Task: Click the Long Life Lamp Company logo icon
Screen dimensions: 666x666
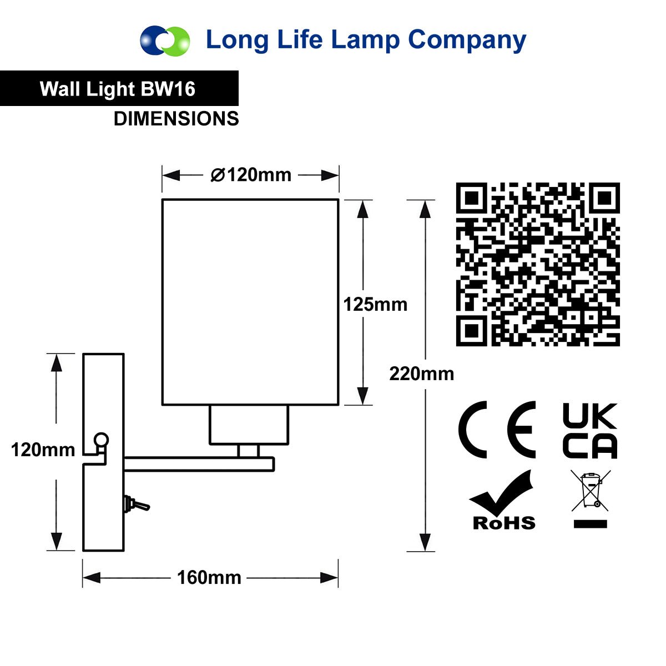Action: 165,41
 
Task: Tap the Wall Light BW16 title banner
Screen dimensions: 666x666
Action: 119,88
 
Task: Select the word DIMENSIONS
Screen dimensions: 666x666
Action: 176,119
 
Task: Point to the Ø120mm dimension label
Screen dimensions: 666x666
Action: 251,175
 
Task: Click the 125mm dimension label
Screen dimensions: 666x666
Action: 375,305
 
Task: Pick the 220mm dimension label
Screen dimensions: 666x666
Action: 422,374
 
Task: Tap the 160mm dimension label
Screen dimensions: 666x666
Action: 209,578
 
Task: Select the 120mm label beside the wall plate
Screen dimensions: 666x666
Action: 43,450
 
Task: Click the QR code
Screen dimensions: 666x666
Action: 538,264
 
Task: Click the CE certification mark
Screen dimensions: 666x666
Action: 497,430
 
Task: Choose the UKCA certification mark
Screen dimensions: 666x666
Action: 589,431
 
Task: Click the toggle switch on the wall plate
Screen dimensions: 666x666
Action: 137,504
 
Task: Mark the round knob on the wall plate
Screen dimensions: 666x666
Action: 101,440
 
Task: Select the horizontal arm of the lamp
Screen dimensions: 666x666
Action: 199,464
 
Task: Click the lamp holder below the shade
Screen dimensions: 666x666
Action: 249,425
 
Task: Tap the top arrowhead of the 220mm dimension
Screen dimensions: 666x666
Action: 425,209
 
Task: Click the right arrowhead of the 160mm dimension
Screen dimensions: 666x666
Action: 329,578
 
